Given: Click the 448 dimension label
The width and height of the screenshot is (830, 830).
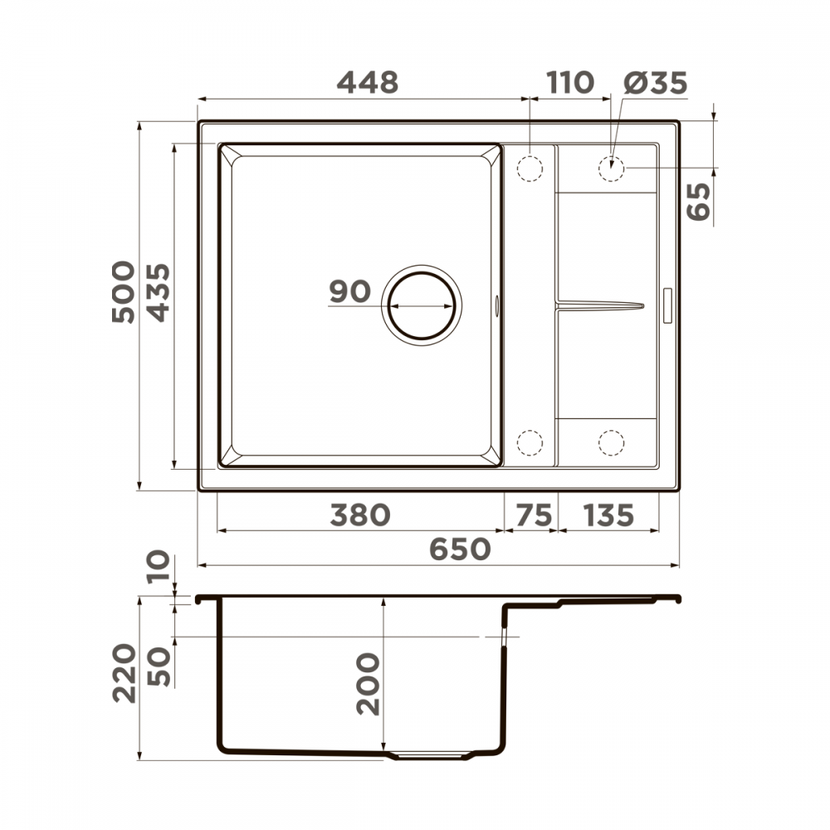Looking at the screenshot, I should coord(367,82).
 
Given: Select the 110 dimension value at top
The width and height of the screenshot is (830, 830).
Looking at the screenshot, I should coord(570,82).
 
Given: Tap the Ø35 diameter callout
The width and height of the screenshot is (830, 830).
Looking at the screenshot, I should coord(655,82).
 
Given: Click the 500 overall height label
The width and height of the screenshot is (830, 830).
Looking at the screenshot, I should coord(123,291).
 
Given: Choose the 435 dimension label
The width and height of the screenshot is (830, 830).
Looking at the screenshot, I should coord(157,291).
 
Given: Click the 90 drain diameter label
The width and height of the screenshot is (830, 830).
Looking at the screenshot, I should coord(349,292).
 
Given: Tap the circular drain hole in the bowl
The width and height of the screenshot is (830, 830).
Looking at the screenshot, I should coord(422,305).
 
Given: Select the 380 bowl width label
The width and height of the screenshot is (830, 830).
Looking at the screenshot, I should coord(359,515).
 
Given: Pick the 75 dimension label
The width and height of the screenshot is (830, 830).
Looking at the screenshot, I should coord(531,515).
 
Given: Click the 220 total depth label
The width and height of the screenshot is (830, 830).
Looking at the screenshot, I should coord(124,673).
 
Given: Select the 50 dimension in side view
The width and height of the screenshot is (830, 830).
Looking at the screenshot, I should coord(160,666).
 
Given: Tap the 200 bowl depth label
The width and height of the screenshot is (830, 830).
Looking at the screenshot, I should coord(367,685).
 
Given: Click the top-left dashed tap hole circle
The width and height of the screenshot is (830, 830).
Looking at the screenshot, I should coord(529,168).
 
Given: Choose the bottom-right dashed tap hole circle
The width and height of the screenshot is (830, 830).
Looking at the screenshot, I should coord(611,443).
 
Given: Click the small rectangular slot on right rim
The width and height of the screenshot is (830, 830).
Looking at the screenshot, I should coord(669,305).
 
